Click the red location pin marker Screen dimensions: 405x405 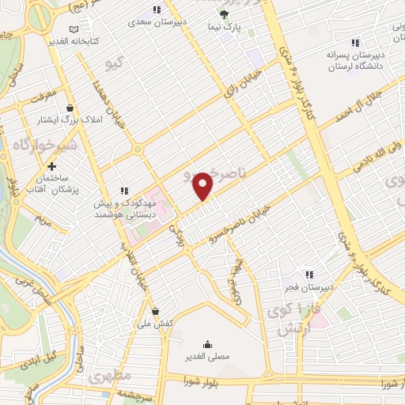pyautogui.click(x=204, y=185)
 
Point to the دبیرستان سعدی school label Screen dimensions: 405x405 pyautogui.click(x=157, y=22)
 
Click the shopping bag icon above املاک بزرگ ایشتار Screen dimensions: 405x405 pyautogui.click(x=71, y=108)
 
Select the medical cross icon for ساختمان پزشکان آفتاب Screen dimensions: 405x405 pyautogui.click(x=52, y=167)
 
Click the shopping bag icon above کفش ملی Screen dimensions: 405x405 pyautogui.click(x=156, y=311)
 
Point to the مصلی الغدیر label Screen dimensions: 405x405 pyautogui.click(x=208, y=356)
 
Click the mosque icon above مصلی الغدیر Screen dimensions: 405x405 pyautogui.click(x=207, y=343)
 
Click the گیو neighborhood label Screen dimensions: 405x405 pyautogui.click(x=117, y=61)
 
